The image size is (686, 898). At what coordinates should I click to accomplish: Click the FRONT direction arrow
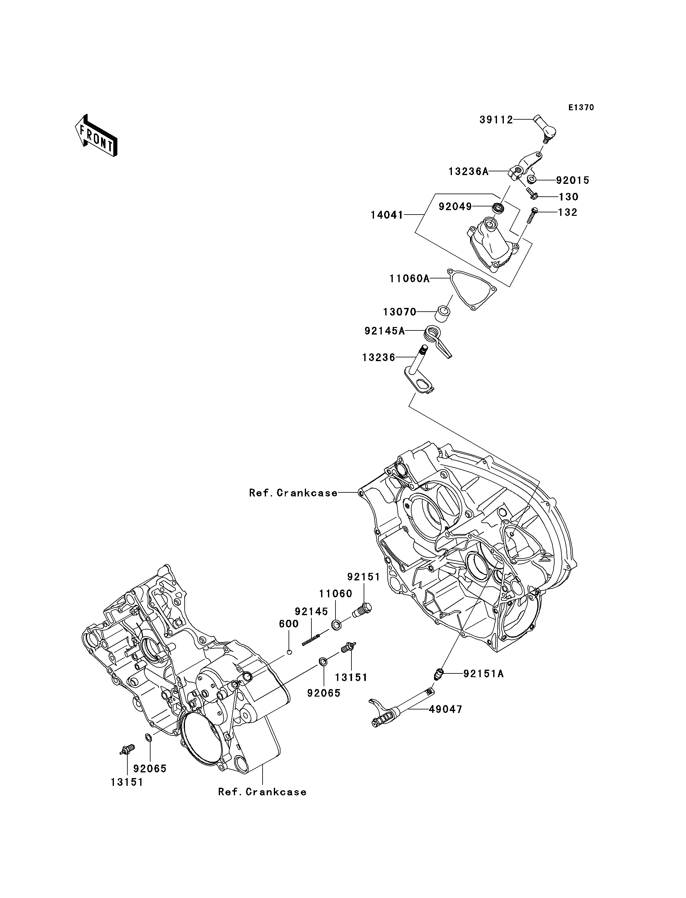click(x=96, y=136)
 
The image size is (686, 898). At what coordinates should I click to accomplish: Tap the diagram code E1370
click(x=581, y=107)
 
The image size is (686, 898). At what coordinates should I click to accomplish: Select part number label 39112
click(x=496, y=120)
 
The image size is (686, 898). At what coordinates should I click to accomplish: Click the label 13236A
click(x=468, y=171)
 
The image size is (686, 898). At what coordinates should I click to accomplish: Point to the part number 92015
click(x=572, y=180)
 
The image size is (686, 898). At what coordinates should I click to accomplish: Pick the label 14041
click(x=387, y=215)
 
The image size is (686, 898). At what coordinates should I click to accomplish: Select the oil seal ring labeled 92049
click(x=498, y=207)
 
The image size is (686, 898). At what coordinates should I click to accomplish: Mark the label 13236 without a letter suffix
click(x=379, y=358)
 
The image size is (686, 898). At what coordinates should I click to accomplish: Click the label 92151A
click(x=484, y=674)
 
